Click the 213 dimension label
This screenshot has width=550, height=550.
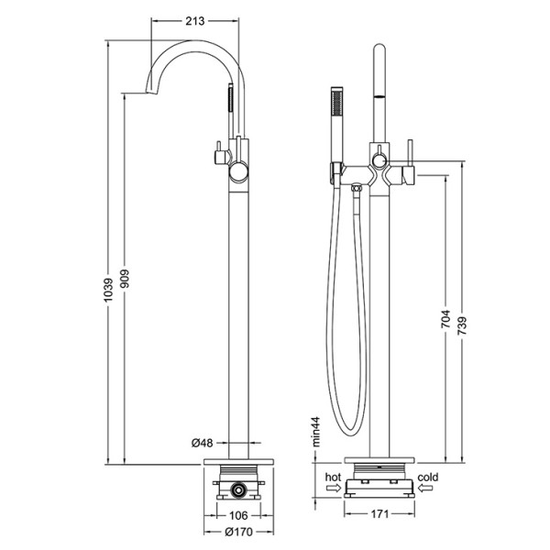[194, 21]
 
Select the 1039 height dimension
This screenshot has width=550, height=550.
[109, 290]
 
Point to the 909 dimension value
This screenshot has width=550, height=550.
[125, 279]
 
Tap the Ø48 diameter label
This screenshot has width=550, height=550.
[203, 443]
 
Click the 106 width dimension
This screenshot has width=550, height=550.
[238, 515]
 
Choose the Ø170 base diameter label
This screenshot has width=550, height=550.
[238, 532]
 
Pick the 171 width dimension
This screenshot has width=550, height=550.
[379, 514]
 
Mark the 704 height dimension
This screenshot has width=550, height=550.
[445, 318]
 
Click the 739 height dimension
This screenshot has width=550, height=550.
[462, 325]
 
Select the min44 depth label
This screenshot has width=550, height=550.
[316, 432]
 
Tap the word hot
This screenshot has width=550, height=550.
[333, 477]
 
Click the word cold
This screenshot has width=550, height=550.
[428, 477]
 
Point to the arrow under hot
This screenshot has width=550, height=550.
[334, 488]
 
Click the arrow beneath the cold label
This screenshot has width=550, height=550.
[425, 488]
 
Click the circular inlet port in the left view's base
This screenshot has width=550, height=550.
[239, 489]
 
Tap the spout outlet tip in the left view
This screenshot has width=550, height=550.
[151, 91]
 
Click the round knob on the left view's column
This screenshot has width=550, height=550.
[239, 172]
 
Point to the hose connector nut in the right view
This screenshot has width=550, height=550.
[357, 188]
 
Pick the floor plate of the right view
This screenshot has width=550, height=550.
[379, 460]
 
